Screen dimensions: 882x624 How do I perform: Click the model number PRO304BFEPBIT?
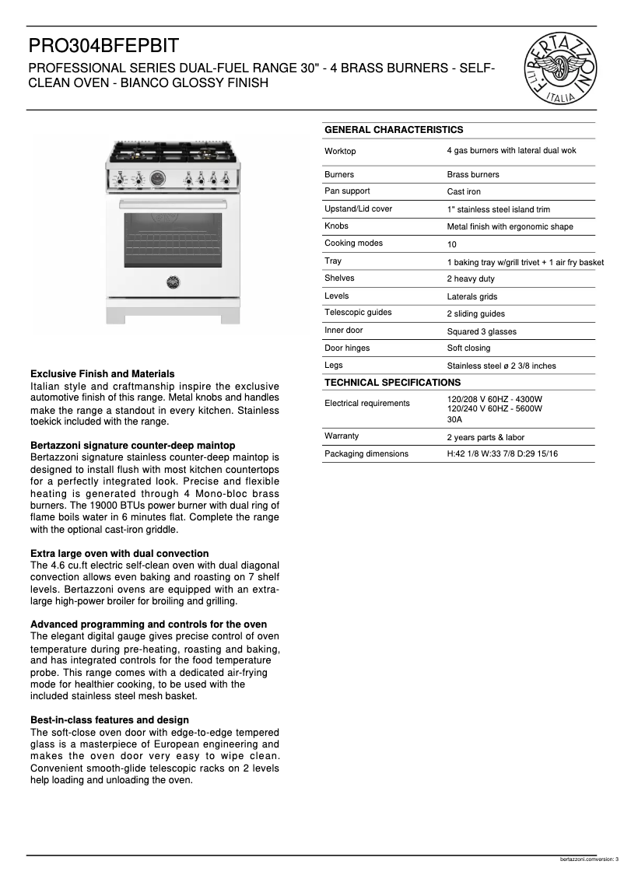point(104,46)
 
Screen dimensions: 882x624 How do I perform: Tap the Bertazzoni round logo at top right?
point(562,68)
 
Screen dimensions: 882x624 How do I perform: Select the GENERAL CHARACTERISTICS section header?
point(393,130)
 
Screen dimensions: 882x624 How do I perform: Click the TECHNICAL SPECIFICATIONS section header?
point(392,383)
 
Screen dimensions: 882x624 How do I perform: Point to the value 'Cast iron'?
point(464,191)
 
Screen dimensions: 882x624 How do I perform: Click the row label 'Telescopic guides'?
point(358,313)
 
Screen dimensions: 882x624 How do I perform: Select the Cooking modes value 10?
point(451,244)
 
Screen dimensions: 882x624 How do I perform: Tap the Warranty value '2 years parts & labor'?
point(486,437)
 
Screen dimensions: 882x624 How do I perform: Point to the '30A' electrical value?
point(454,419)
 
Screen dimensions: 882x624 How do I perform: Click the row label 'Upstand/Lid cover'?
point(358,209)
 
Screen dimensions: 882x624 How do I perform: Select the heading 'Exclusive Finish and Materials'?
point(102,374)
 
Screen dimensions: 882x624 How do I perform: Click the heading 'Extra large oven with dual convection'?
point(119,554)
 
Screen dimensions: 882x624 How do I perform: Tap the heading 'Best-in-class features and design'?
point(109,720)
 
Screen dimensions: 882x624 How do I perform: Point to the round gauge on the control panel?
point(158,179)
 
